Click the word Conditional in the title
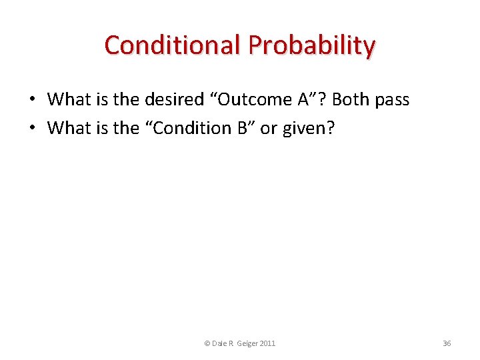pyautogui.click(x=173, y=45)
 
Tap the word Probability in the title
pyautogui.click(x=312, y=45)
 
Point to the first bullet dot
pyautogui.click(x=32, y=100)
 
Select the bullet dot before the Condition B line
pyautogui.click(x=32, y=127)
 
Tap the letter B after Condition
pyautogui.click(x=243, y=127)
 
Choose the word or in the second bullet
pyautogui.click(x=268, y=127)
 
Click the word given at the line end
pyautogui.click(x=305, y=127)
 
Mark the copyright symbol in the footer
pyautogui.click(x=207, y=343)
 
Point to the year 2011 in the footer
pyautogui.click(x=267, y=343)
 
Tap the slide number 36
pyautogui.click(x=447, y=343)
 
